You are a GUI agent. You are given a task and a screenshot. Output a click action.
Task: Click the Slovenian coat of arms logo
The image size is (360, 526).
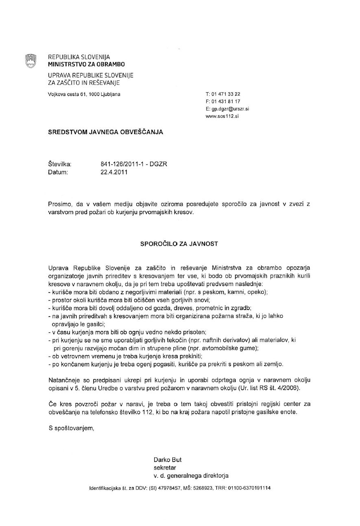click(31, 61)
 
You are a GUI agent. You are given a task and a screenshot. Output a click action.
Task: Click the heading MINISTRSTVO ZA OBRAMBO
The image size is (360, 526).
click(87, 64)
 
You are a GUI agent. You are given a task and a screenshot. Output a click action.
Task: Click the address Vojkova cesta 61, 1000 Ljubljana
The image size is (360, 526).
click(84, 94)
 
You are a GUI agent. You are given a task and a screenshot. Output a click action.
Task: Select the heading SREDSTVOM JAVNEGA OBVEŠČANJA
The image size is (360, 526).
click(106, 132)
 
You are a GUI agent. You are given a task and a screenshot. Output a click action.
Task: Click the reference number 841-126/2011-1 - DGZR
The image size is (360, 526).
click(134, 164)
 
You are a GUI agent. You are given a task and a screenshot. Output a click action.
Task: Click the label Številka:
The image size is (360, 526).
click(60, 164)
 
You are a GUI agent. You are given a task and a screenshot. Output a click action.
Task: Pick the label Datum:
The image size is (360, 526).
click(58, 172)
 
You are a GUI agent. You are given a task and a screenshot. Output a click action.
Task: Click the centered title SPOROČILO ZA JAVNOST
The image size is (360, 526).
click(179, 244)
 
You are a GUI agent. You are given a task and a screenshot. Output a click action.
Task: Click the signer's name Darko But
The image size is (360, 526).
click(168, 460)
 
